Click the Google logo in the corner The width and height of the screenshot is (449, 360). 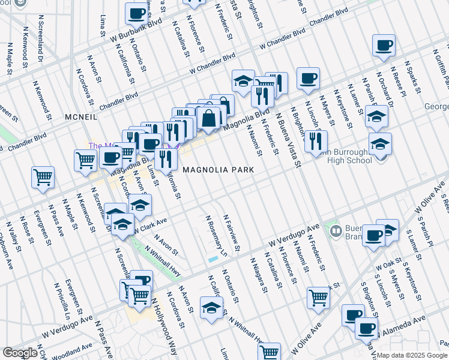coord(20,353)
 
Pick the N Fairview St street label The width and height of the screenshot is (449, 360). coord(232,232)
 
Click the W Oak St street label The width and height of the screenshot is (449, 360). coord(388,263)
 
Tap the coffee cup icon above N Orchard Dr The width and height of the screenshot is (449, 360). coord(384,45)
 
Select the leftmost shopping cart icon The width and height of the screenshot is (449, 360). coord(43,177)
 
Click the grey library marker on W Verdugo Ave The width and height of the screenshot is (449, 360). coord(336,229)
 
